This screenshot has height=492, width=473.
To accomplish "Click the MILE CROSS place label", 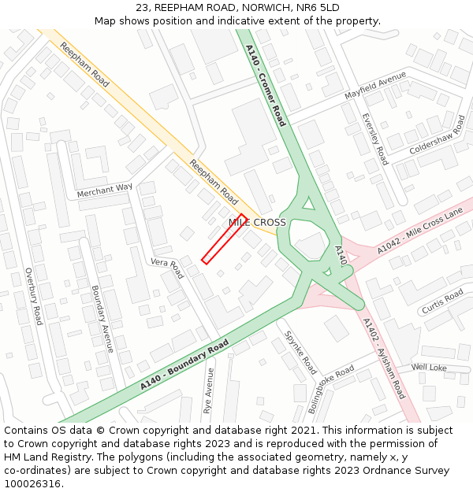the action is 257,223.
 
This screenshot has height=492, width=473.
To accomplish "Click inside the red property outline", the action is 225,239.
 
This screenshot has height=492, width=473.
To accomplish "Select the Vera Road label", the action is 166,268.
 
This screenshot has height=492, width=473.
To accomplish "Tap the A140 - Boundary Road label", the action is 184,365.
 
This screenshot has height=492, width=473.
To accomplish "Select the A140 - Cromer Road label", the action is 265,85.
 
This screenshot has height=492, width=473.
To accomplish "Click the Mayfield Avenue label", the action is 374,86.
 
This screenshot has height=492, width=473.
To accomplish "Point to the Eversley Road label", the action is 374,139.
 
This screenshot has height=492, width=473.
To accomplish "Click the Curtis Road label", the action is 442,301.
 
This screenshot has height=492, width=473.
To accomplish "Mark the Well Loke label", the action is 429,368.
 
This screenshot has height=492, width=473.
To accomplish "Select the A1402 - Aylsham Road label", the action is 384,357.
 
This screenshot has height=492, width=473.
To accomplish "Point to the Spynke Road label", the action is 300,352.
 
